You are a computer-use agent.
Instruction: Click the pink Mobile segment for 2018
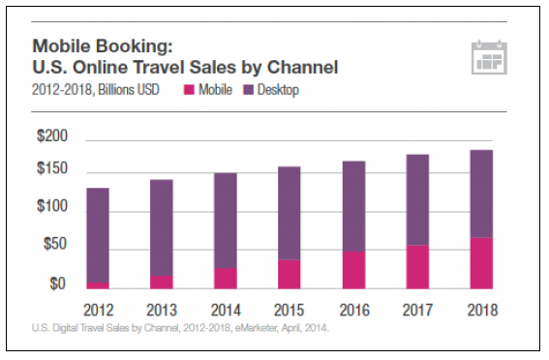[x=480, y=263]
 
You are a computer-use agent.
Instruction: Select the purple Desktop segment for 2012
[x=98, y=234]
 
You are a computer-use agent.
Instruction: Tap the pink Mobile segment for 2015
[x=290, y=274]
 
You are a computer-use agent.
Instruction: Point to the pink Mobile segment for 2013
[x=162, y=282]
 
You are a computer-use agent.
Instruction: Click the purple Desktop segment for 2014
[x=226, y=221]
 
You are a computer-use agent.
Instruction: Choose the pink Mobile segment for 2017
[x=416, y=267]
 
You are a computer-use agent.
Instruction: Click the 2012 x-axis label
[x=98, y=311]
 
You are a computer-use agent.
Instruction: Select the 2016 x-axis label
[x=353, y=311]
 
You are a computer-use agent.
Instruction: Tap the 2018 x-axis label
[x=480, y=311]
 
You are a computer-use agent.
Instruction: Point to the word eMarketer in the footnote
[x=236, y=328]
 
